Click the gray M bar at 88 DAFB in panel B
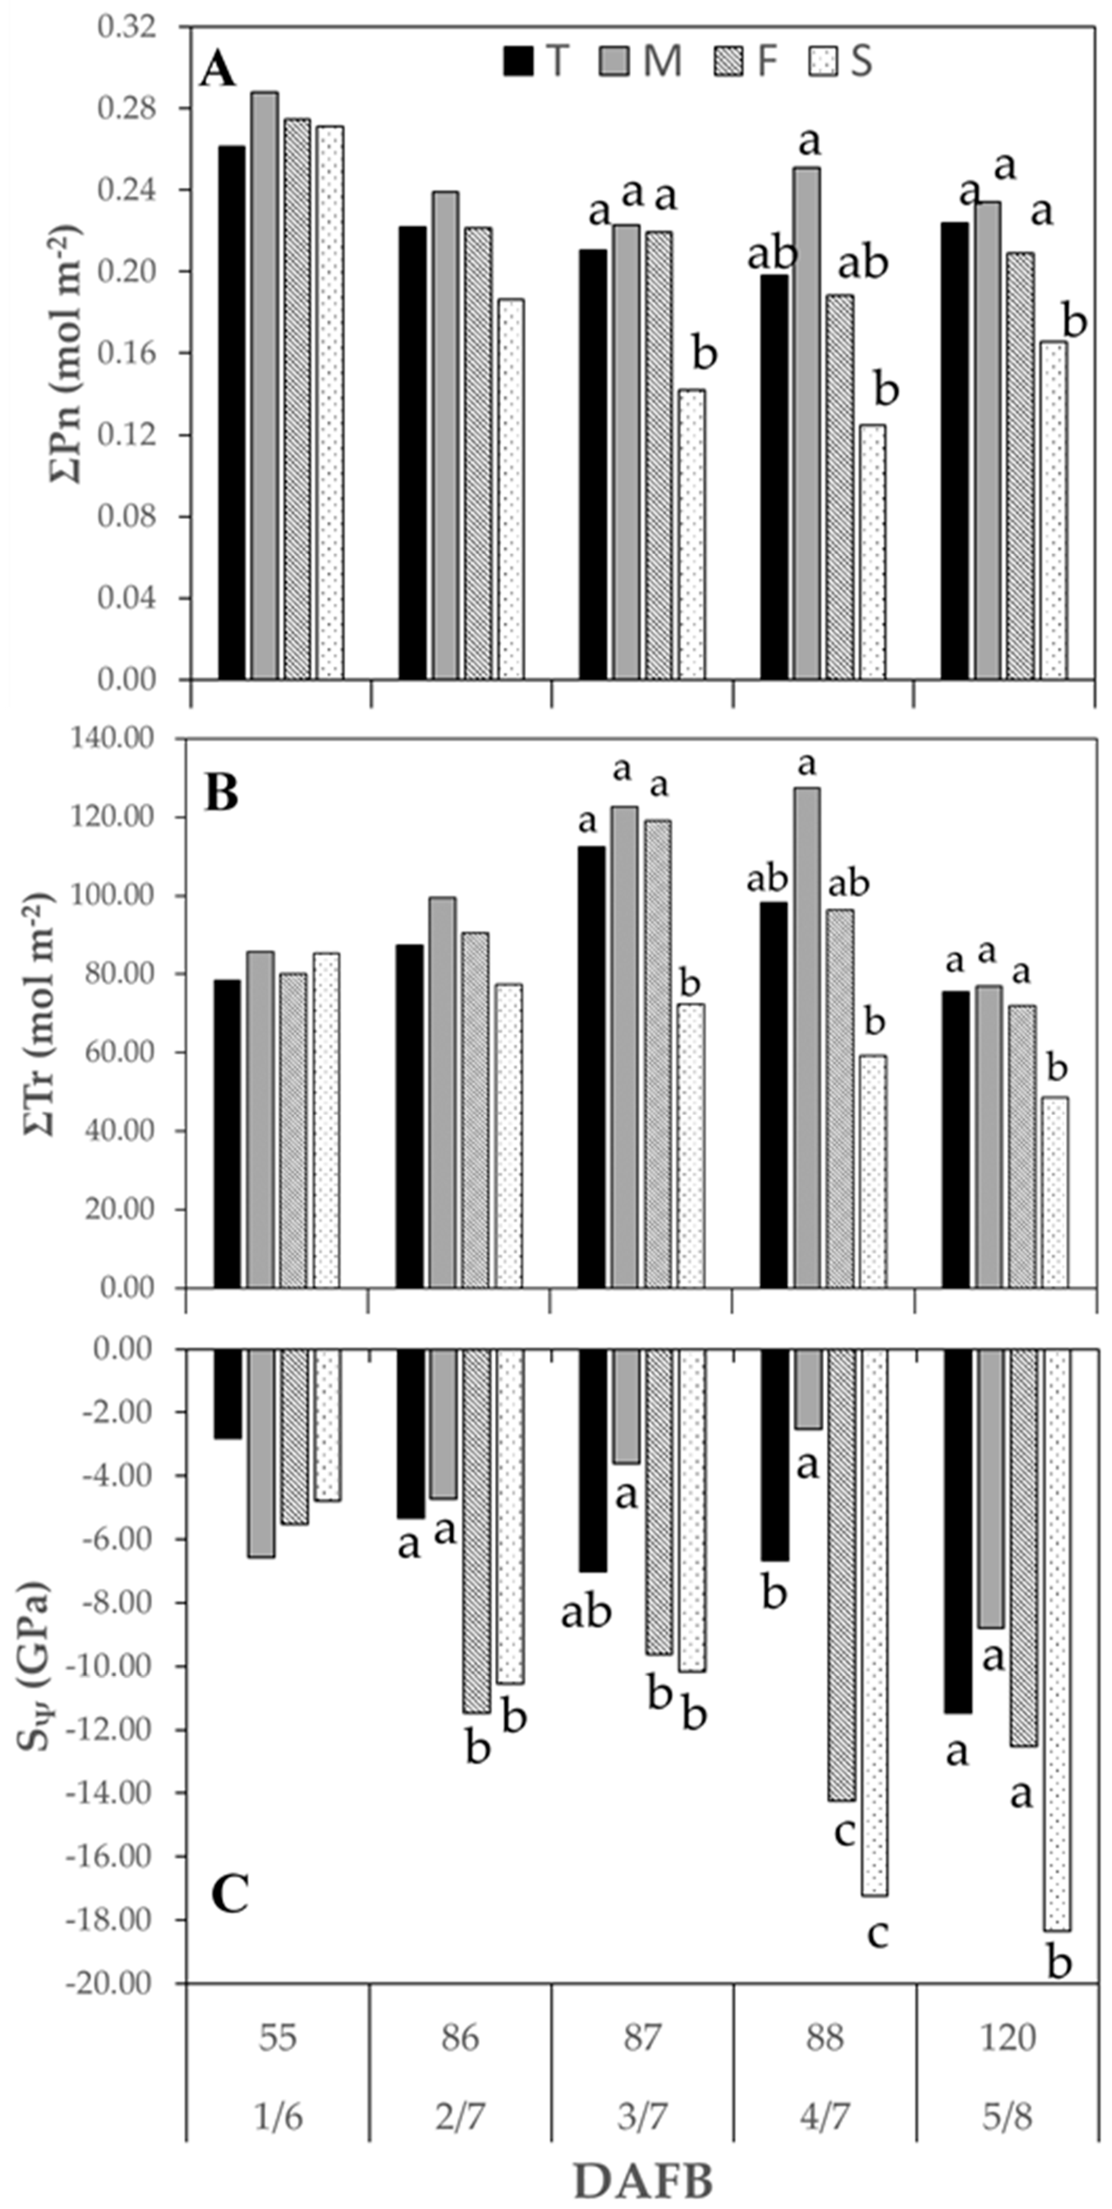[807, 1038]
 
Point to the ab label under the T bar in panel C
[586, 1613]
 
